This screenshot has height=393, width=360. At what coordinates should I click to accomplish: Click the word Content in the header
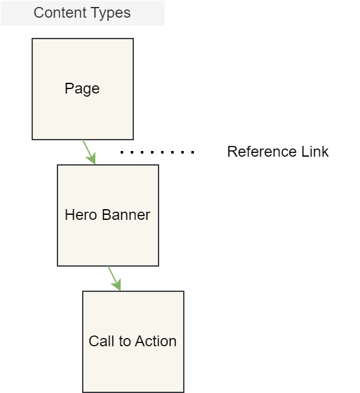click(57, 13)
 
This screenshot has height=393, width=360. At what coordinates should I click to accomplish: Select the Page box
click(83, 89)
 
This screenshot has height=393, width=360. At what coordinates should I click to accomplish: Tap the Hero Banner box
click(108, 215)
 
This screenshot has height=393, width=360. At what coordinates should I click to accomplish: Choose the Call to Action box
click(133, 342)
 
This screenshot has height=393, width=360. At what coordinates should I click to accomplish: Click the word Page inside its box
click(82, 88)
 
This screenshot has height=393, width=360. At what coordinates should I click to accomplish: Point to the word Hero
click(81, 215)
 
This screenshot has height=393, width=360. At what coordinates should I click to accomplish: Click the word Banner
click(126, 215)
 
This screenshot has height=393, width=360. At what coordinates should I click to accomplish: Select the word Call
click(102, 341)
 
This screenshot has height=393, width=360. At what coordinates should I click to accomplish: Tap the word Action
click(157, 341)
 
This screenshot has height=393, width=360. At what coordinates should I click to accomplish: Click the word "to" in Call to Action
click(125, 342)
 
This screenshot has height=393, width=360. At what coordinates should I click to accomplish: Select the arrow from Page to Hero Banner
click(89, 152)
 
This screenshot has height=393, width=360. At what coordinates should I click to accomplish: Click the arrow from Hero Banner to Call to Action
click(114, 279)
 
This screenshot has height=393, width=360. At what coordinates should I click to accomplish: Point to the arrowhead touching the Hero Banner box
click(92, 159)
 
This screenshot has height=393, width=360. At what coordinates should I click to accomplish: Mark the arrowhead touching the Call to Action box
click(117, 286)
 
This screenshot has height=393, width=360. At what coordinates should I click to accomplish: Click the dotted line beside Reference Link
click(157, 152)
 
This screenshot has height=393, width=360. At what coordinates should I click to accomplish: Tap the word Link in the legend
click(315, 152)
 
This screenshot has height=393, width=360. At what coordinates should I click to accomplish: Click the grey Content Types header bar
click(83, 13)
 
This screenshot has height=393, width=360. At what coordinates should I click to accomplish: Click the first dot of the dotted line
click(122, 152)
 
